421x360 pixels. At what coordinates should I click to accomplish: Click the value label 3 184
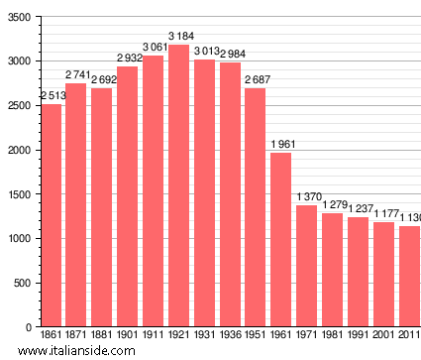click(x=179, y=38)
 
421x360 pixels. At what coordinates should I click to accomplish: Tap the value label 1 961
click(x=282, y=146)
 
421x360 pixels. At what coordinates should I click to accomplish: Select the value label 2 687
click(x=256, y=81)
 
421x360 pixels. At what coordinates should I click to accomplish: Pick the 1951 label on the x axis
click(x=256, y=336)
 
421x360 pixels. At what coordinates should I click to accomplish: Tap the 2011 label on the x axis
click(x=409, y=336)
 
